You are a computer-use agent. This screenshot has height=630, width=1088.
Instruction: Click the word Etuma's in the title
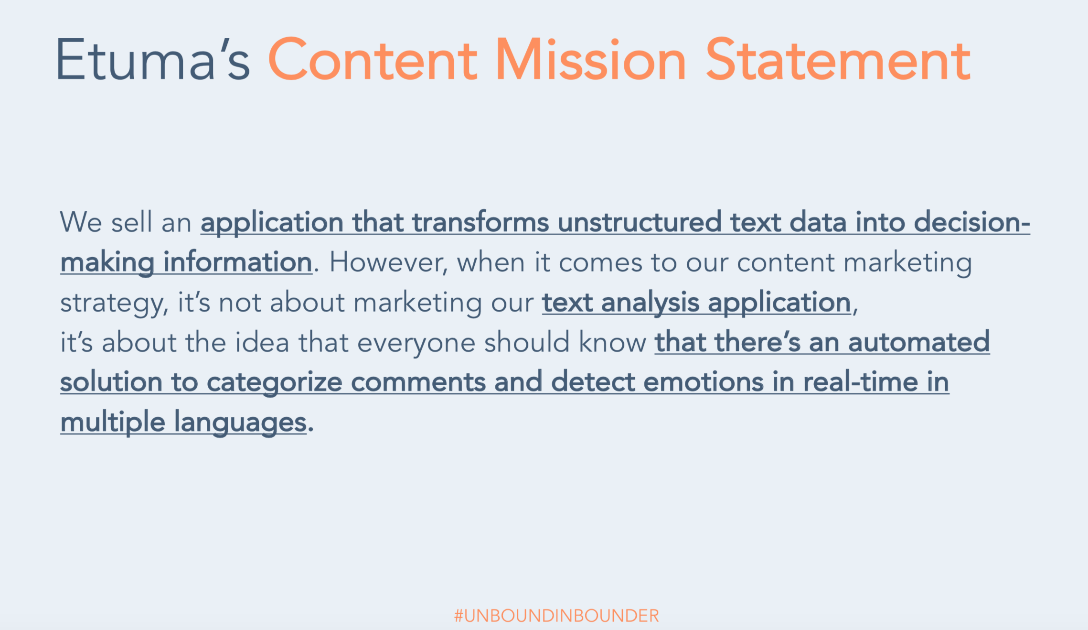point(153,60)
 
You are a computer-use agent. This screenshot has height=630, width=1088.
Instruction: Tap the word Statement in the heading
point(838,60)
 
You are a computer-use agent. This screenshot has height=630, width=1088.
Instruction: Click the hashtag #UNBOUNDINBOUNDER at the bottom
point(556,616)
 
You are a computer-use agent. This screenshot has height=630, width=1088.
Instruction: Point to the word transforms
point(480,223)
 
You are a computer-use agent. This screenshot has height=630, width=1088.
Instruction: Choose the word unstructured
point(639,223)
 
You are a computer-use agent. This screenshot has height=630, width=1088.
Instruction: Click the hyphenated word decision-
point(971,223)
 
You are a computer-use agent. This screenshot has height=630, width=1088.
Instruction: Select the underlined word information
point(237,263)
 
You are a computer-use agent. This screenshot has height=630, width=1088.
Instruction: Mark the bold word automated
point(918,343)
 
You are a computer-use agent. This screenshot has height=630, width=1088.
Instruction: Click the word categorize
point(275,382)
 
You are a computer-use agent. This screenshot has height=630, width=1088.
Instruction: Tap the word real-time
point(861,382)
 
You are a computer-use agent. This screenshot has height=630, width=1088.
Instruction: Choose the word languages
point(240,423)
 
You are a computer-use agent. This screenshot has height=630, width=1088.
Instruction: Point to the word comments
point(418,382)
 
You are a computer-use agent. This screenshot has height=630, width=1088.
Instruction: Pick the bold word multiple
point(113,423)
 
